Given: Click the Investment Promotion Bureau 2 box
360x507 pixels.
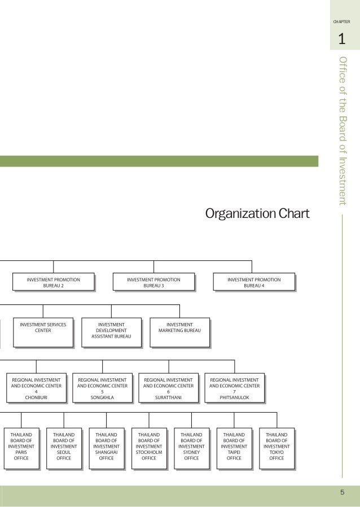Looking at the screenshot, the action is point(53,282).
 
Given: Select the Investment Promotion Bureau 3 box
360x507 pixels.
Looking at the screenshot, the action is point(153,282).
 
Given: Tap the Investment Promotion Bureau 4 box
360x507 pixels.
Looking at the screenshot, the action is point(253,282).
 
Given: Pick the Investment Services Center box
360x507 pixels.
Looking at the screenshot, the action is point(43,332).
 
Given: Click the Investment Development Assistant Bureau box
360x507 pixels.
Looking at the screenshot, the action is point(111,332).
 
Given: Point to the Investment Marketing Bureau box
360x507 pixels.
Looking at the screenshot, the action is point(179,332).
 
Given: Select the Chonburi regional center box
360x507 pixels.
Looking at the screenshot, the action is point(36,388).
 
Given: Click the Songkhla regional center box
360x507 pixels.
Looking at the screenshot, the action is point(102,388).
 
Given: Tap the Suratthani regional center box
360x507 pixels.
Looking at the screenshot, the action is point(168,388).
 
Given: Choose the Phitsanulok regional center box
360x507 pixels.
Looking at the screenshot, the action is point(234,388).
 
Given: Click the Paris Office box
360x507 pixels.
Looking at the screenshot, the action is point(21,448).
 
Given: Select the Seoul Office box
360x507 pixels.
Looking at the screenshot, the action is point(64,448).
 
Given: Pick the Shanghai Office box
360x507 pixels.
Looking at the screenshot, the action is point(106,448).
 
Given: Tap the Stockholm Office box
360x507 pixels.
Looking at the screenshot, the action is point(149,448).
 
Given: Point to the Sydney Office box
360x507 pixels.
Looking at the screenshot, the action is point(191,448).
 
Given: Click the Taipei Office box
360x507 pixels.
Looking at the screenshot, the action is point(234,448).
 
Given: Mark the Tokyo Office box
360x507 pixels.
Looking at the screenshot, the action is point(276,448).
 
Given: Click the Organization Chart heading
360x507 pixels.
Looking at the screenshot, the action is point(257,214).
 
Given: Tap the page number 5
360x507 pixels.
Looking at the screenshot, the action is point(342,492).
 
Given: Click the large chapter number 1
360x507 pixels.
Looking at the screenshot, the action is point(341,40).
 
